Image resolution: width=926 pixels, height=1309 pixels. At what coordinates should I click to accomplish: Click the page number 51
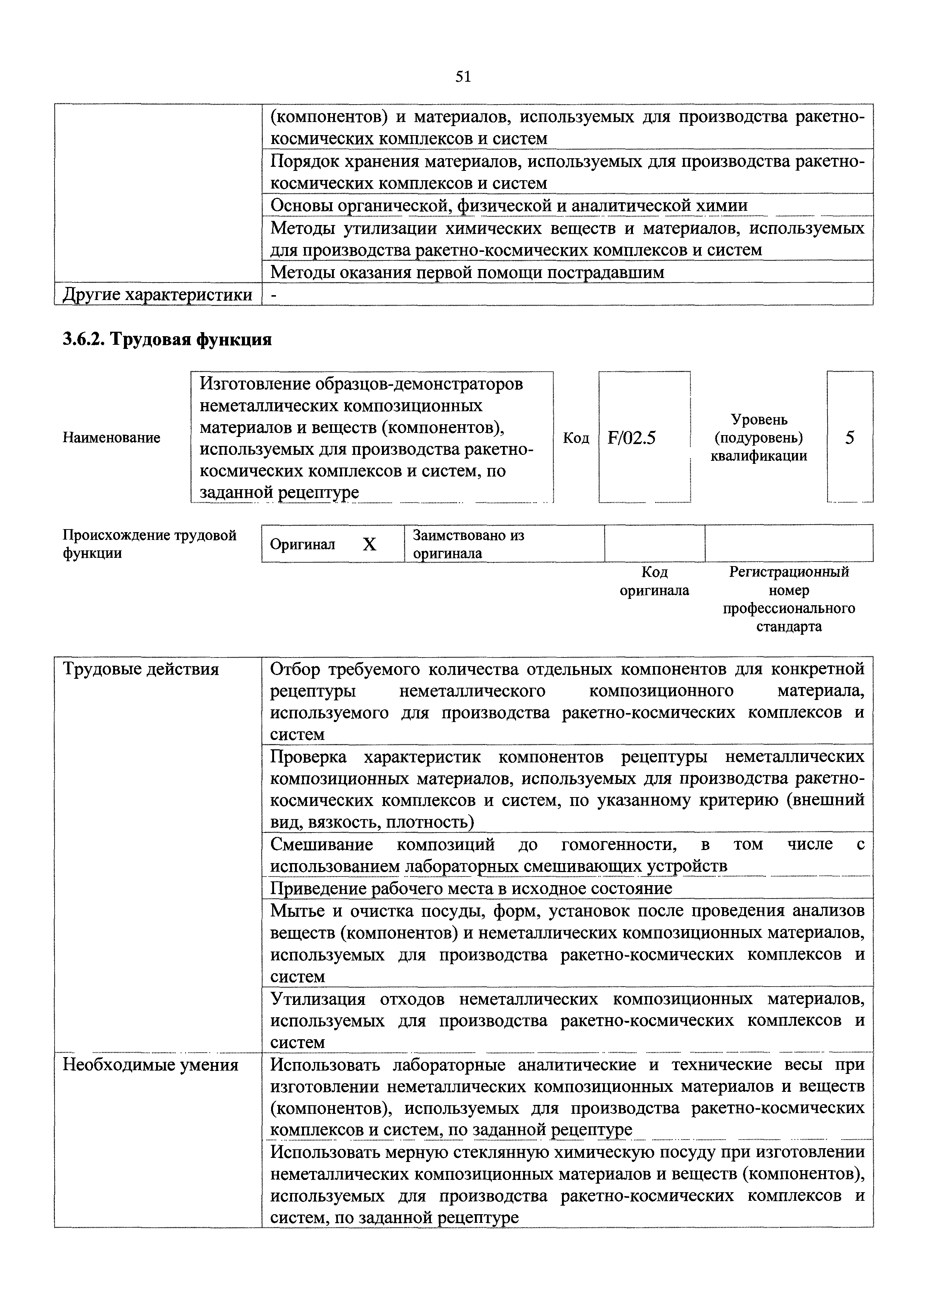[463, 77]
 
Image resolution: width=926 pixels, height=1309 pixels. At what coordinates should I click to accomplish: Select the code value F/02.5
[632, 438]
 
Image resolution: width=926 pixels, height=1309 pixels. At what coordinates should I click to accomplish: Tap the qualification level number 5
[849, 438]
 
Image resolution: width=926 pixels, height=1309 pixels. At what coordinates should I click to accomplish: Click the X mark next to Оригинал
[370, 544]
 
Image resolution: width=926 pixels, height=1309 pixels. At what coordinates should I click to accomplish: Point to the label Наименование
[111, 438]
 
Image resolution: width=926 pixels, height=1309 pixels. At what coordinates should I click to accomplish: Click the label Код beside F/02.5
[576, 438]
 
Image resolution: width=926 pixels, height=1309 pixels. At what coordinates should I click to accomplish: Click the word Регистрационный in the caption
[789, 572]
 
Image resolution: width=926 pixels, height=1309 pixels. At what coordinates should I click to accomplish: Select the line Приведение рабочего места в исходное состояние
[471, 888]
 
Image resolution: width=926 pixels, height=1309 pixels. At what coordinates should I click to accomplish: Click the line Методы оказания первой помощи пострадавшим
[467, 272]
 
